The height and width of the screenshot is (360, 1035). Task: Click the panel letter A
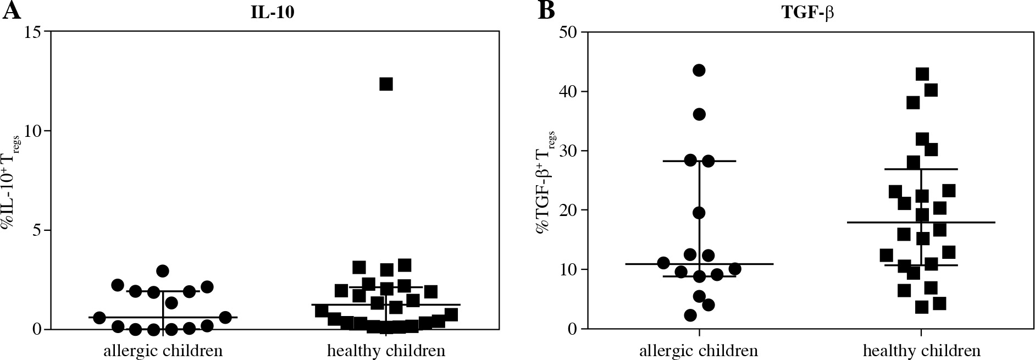tap(12, 11)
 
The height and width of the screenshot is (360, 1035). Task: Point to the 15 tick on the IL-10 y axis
tap(33, 32)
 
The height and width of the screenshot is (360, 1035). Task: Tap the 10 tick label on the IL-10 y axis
tap(33, 131)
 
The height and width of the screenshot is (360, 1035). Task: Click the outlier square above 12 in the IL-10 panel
tap(386, 84)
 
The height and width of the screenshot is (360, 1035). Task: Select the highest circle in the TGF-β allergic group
tap(699, 70)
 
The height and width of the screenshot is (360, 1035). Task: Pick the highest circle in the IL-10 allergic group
tap(162, 271)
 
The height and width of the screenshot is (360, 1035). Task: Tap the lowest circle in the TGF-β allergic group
tap(690, 315)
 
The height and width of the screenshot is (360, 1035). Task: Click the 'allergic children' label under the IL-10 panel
tap(163, 351)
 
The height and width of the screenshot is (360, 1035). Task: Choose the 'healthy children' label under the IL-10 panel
tap(386, 351)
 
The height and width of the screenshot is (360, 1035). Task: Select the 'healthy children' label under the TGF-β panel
tap(922, 351)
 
